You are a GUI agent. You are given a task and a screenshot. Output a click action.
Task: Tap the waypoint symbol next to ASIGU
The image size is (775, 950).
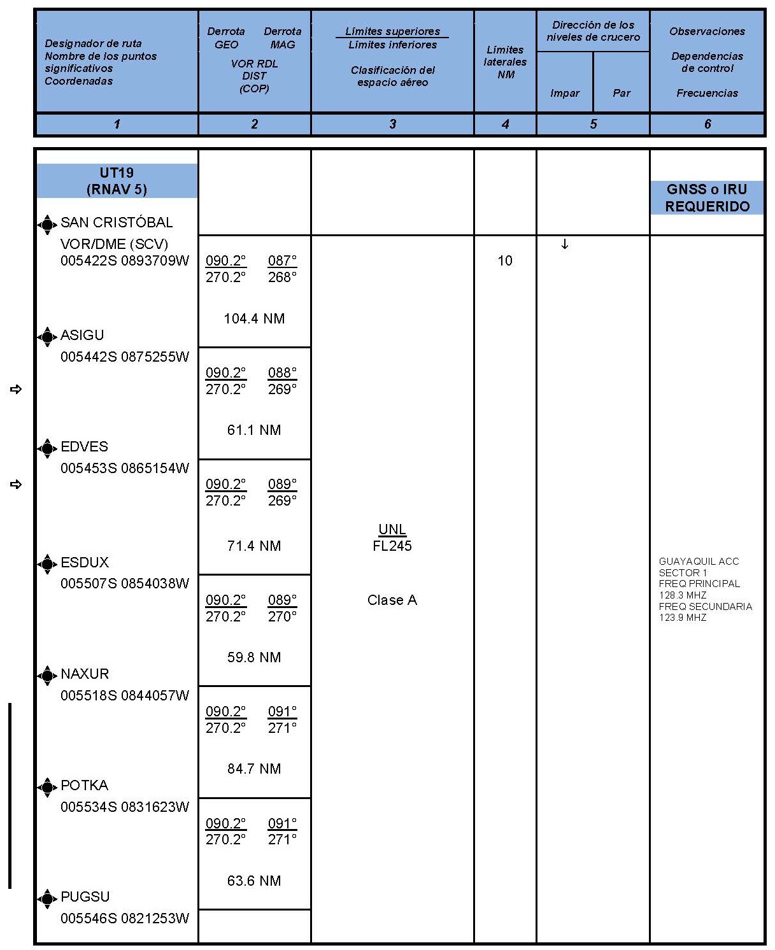click(47, 336)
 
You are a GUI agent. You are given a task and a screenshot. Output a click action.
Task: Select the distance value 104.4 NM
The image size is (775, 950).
click(254, 318)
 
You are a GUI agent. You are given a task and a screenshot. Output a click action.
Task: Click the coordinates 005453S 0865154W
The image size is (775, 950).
click(125, 468)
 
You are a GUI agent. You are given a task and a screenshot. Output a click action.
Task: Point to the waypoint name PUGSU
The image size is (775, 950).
click(85, 897)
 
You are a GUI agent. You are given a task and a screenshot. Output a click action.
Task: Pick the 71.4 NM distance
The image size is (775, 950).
click(254, 546)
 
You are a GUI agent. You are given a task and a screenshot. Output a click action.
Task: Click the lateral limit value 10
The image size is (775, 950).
click(505, 260)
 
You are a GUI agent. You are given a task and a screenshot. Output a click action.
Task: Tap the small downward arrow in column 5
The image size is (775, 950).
click(564, 245)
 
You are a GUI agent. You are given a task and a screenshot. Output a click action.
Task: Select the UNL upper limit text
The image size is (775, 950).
click(392, 529)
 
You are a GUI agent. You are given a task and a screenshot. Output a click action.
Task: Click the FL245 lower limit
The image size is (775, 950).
click(392, 546)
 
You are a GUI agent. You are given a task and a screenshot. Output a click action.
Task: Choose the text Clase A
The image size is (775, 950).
click(392, 600)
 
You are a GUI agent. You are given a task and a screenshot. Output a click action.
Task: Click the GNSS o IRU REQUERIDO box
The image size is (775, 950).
click(707, 197)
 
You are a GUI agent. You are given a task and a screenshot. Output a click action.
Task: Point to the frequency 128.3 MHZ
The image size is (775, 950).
click(683, 595)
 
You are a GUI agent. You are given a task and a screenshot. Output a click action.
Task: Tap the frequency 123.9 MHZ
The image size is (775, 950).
click(683, 617)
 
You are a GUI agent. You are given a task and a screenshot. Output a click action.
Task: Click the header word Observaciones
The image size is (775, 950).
click(707, 31)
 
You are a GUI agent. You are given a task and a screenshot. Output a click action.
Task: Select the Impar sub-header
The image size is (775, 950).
click(565, 93)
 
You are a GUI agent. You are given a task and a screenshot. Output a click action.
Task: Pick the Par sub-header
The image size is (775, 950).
click(622, 93)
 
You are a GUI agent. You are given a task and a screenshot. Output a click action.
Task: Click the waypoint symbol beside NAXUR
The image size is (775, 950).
click(47, 675)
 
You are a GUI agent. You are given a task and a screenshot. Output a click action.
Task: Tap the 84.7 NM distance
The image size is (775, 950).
click(254, 769)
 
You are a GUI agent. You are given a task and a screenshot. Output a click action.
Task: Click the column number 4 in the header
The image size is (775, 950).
click(505, 124)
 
